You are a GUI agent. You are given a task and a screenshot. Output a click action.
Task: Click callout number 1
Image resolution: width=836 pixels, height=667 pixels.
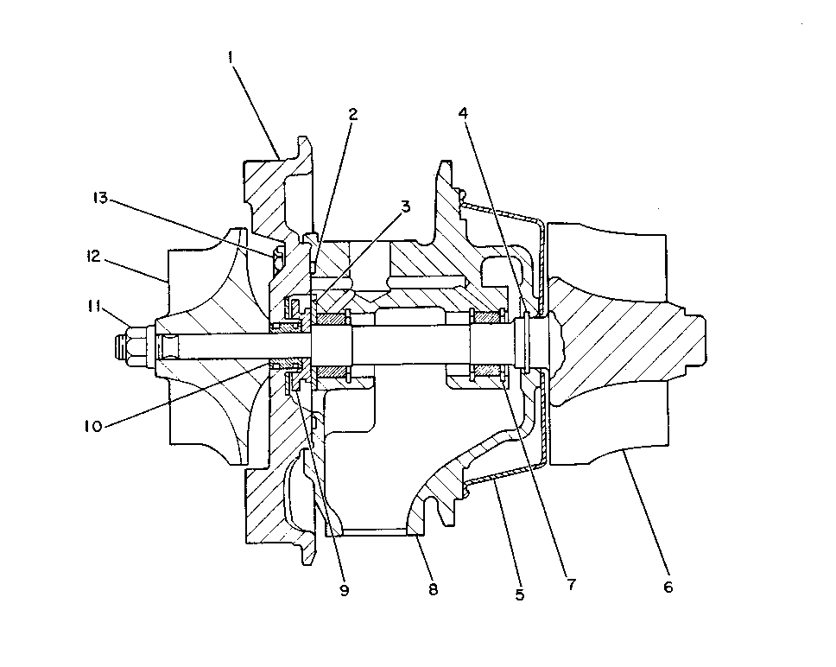231,57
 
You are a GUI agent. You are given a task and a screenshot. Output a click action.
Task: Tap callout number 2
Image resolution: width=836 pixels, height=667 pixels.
352,114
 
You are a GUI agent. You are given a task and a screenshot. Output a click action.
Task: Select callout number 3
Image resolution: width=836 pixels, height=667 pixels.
406,206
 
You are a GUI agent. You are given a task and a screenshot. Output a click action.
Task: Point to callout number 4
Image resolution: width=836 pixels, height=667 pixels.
463,113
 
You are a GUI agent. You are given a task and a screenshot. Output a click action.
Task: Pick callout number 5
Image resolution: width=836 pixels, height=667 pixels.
520,594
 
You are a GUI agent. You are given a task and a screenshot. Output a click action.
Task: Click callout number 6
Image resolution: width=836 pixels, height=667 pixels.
668,587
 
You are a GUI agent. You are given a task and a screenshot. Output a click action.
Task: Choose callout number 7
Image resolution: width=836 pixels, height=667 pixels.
572,584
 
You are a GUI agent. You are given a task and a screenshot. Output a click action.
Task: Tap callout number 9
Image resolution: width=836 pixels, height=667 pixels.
345,590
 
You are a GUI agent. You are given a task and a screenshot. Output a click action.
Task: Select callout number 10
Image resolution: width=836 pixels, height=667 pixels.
92,426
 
